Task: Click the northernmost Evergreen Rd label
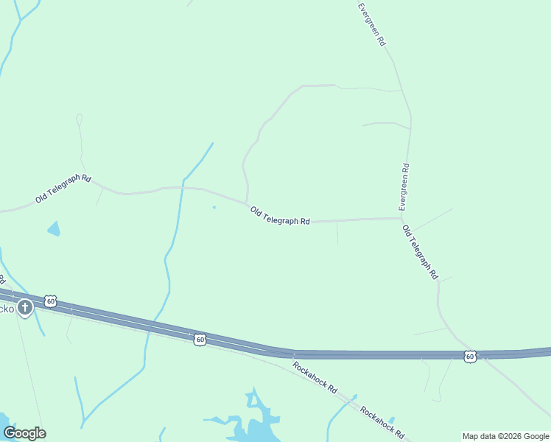click(372, 25)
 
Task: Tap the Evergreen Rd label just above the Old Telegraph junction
click(404, 188)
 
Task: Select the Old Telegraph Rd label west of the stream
click(63, 189)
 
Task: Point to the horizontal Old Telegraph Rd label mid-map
click(280, 216)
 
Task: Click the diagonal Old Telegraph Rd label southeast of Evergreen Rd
click(421, 252)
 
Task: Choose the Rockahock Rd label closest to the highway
click(315, 376)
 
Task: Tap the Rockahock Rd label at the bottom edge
click(382, 421)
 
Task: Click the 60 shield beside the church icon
click(50, 301)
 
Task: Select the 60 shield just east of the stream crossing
click(200, 340)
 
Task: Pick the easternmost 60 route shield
click(470, 357)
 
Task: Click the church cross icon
click(25, 307)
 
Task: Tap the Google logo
click(24, 433)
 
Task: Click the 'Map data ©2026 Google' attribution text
click(506, 436)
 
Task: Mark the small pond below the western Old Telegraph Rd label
click(54, 228)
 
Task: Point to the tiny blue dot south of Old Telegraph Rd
click(214, 207)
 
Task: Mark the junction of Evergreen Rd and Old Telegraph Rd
click(401, 218)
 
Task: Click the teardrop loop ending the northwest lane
click(79, 118)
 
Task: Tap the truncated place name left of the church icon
click(7, 309)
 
